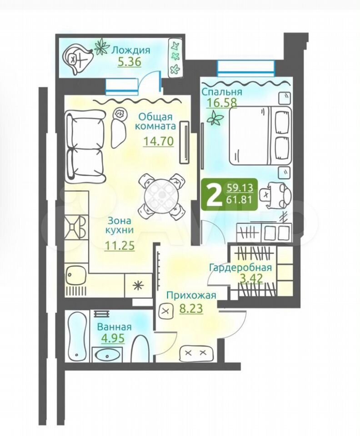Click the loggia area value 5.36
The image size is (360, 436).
(x=130, y=62)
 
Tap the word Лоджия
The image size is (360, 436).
(x=131, y=50)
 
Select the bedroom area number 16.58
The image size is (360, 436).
(x=221, y=102)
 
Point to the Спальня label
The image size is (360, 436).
(x=222, y=91)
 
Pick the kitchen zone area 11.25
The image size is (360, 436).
(x=120, y=245)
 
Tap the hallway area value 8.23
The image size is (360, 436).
(x=191, y=308)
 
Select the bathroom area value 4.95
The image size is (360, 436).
(x=113, y=338)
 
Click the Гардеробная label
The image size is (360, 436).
(x=240, y=268)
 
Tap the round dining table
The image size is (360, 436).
(x=162, y=197)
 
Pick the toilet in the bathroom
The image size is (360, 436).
(x=141, y=348)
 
